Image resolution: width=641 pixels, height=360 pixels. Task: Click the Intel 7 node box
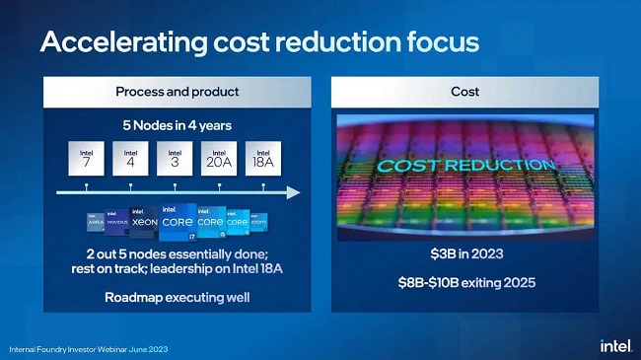(x=86, y=159)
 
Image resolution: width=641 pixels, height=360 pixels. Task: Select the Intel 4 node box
(x=130, y=159)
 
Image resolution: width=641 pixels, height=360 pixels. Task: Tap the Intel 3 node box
(x=175, y=159)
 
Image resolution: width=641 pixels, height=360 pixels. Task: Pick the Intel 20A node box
(x=219, y=159)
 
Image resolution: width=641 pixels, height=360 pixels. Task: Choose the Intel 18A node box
(x=263, y=159)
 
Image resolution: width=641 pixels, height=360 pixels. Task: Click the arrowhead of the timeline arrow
(x=293, y=191)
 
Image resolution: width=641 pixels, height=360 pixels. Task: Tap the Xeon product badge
(x=144, y=222)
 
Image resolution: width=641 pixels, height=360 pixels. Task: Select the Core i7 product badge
(x=178, y=222)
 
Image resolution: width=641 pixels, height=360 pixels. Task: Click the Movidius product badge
(x=117, y=223)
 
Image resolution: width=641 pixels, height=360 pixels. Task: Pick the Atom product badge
(x=258, y=223)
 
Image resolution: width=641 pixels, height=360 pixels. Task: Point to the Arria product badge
(x=95, y=224)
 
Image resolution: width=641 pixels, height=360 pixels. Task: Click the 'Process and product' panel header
(x=176, y=92)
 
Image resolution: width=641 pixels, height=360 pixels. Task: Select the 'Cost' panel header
(x=464, y=92)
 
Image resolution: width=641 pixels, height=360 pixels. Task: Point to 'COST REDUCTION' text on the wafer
(x=464, y=165)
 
